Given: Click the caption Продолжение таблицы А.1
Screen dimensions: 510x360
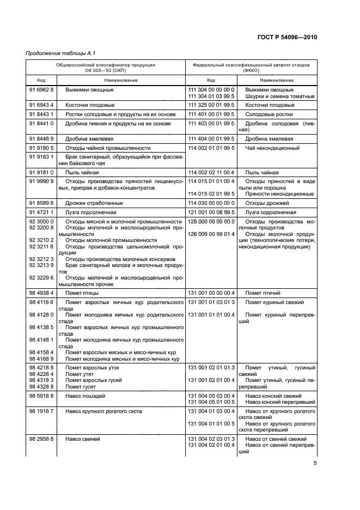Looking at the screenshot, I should pyautogui.click(x=57, y=53).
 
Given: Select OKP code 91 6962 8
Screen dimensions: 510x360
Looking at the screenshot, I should pyautogui.click(x=41, y=89).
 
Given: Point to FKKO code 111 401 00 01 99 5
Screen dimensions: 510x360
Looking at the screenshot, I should pyautogui.click(x=211, y=114).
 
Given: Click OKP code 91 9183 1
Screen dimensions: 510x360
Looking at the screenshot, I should pyautogui.click(x=41, y=156).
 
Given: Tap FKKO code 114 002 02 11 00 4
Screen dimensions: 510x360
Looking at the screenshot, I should pyautogui.click(x=211, y=172).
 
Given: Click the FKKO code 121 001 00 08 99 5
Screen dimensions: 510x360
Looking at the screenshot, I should pyautogui.click(x=211, y=212).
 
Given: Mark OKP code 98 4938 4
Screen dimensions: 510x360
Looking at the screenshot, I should pyautogui.click(x=41, y=293).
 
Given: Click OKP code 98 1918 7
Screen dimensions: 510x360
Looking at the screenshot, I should pyautogui.click(x=41, y=411).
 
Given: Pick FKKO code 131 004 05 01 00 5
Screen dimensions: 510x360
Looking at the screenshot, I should pyautogui.click(x=211, y=402).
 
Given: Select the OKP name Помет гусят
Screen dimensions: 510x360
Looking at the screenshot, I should pyautogui.click(x=81, y=386).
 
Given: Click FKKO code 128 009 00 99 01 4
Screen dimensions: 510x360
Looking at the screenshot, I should pyautogui.click(x=211, y=234).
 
